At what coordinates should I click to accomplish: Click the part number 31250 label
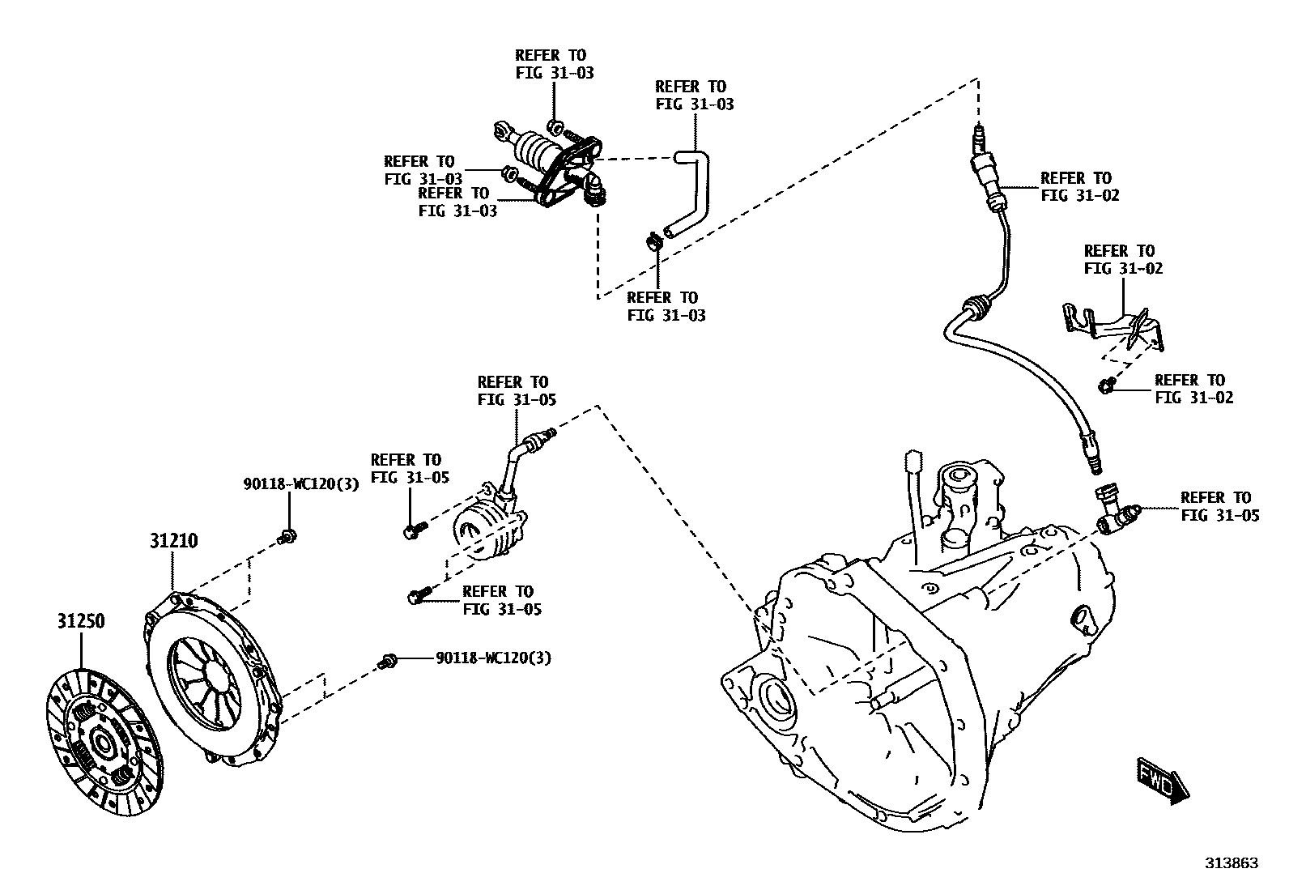tap(81, 621)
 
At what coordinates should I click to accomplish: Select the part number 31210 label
tap(172, 540)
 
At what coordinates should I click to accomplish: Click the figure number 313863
tap(1231, 863)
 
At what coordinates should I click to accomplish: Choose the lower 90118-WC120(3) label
tap(493, 658)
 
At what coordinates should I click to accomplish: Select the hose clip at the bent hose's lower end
tap(653, 240)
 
